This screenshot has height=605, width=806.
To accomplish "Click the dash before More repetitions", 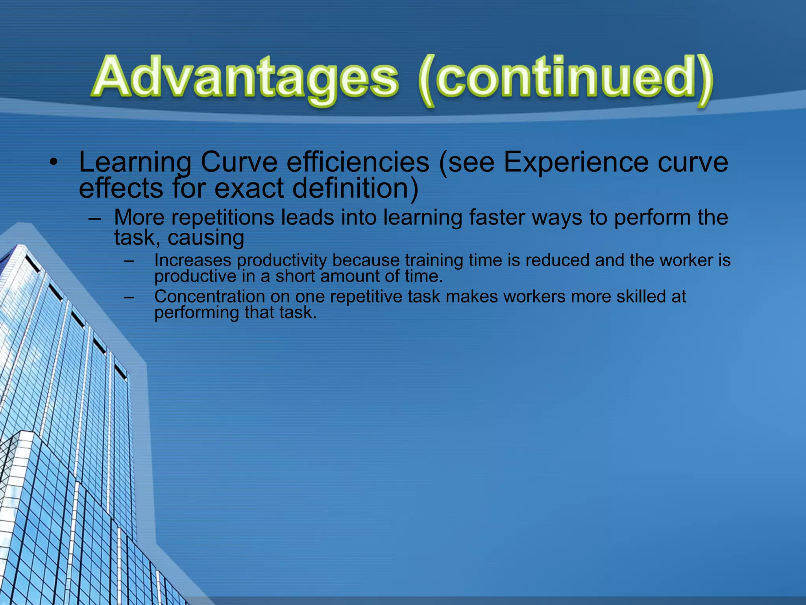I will pos(95,218).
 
